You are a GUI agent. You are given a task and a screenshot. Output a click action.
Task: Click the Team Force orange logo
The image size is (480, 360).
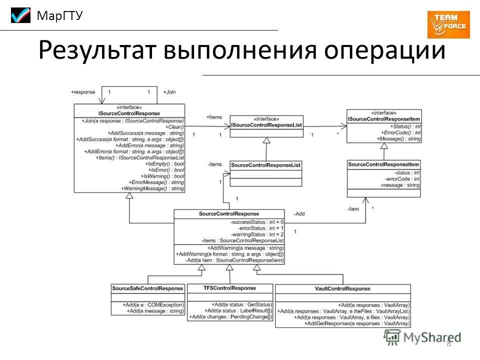pos(448,24)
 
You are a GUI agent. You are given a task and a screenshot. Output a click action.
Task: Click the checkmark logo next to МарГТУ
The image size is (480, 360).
pos(21,16)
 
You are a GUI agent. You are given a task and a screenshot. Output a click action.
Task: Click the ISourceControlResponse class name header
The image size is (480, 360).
pos(129,113)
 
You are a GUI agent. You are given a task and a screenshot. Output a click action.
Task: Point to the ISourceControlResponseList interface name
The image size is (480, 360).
pos(266,124)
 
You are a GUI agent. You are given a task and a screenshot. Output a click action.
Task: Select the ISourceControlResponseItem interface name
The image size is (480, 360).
pos(384,119)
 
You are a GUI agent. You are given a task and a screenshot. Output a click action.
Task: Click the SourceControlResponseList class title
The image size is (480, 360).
pos(265,164)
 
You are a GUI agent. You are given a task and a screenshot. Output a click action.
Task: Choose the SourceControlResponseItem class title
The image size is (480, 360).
pos(383,164)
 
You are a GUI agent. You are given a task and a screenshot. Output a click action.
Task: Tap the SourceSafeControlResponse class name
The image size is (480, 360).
pos(148,288)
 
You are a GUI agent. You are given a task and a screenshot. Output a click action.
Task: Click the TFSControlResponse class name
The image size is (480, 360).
pos(229,288)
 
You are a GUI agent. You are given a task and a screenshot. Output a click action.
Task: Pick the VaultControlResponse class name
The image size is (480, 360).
pos(342,288)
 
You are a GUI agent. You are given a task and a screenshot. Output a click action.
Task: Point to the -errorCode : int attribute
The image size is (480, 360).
pos(402,178)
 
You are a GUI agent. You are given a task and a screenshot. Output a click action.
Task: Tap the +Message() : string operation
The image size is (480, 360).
pos(400,139)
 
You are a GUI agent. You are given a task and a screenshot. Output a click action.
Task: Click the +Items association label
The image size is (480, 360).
pos(214,116)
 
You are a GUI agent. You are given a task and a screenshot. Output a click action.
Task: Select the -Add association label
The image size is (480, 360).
pos(299,213)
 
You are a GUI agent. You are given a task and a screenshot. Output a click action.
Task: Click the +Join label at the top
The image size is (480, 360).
pos(170,92)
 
